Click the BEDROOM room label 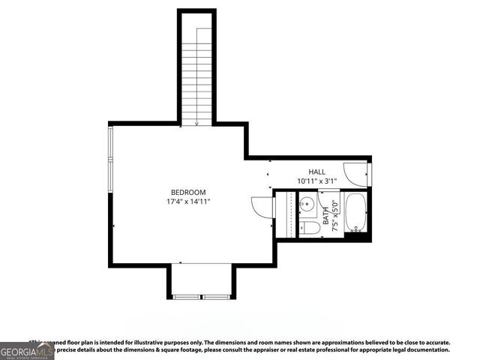pos(187,193)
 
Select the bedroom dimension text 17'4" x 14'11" pos(187,202)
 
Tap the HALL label pos(316,172)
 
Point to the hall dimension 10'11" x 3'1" pos(316,181)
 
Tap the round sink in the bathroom pos(307,202)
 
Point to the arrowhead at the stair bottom pos(197,124)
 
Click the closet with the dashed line pos(283,214)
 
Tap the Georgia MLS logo pos(27,351)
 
